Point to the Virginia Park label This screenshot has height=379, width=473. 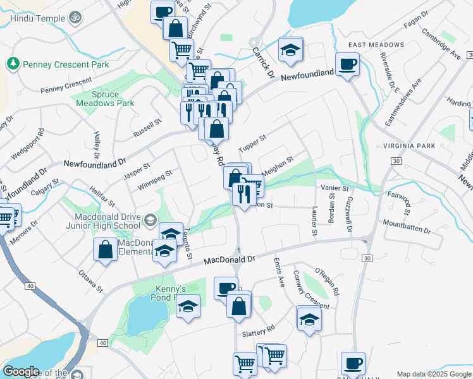click(x=410, y=146)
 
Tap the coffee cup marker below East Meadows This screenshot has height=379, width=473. click(x=347, y=64)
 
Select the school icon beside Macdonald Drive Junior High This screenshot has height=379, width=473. click(x=149, y=220)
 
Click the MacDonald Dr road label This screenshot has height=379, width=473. click(x=229, y=259)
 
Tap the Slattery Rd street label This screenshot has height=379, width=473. click(x=259, y=329)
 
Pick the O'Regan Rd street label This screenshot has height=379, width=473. click(x=328, y=282)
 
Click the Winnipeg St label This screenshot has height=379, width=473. click(x=155, y=180)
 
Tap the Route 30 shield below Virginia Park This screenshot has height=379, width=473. click(x=396, y=161)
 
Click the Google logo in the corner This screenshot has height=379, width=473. click(x=21, y=371)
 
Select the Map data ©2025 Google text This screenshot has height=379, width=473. click(x=433, y=374)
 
